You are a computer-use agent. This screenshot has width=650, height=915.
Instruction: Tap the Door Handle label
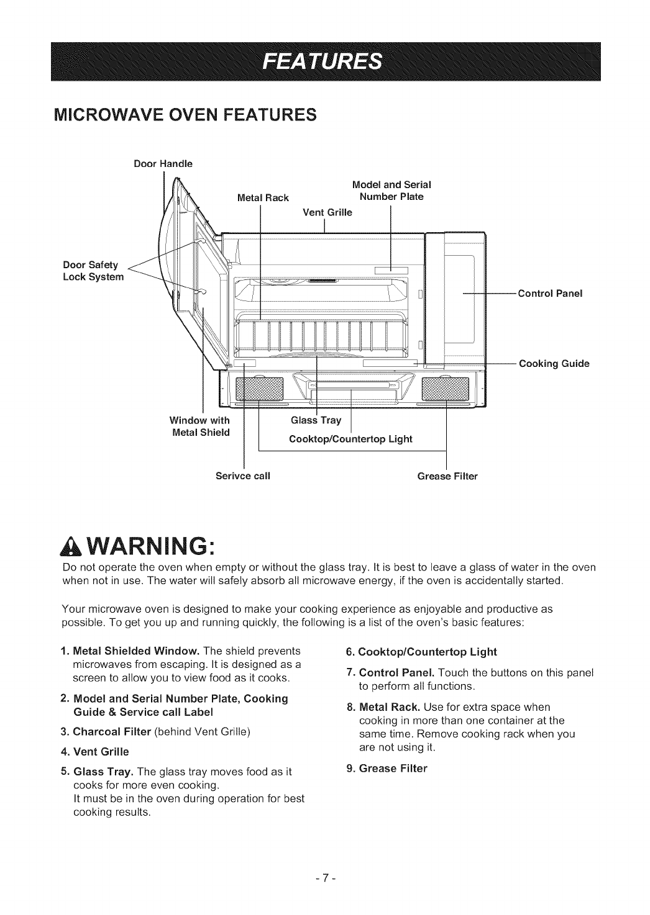[x=163, y=164]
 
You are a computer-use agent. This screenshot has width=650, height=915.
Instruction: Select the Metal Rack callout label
[x=263, y=198]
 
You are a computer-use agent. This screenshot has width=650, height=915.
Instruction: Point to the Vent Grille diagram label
[x=327, y=212]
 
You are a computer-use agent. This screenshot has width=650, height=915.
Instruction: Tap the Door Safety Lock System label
[x=94, y=271]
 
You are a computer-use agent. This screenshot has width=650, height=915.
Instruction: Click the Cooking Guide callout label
[x=554, y=363]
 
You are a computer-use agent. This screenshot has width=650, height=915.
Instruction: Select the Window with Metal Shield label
[x=201, y=426]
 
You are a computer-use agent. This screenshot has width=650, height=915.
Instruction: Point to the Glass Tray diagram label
[x=316, y=420]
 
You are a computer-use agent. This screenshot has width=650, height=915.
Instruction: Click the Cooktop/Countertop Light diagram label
[x=350, y=439]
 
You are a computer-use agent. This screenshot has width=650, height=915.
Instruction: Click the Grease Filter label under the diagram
[x=447, y=477]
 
